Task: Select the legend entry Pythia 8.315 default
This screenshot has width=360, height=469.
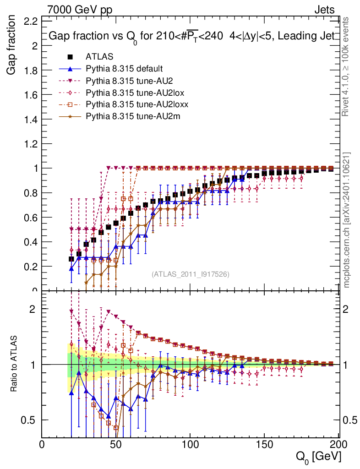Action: click(124, 69)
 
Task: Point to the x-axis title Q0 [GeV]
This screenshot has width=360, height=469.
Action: click(318, 456)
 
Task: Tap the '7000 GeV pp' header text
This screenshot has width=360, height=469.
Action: click(80, 9)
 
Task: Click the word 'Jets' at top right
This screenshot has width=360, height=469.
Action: click(324, 9)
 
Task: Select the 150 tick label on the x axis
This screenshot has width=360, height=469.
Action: click(264, 445)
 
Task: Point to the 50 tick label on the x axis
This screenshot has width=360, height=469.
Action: click(116, 445)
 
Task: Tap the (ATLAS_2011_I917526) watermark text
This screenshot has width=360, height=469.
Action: click(191, 274)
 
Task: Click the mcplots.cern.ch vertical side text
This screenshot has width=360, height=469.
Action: click(348, 220)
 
